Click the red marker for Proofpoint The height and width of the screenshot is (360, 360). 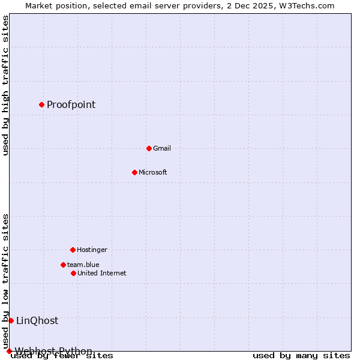(x=41, y=104)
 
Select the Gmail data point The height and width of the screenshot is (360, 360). (x=149, y=148)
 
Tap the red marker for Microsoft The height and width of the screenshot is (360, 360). (x=134, y=172)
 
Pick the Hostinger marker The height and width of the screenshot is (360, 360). (x=73, y=250)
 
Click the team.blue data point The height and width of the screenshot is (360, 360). (x=63, y=265)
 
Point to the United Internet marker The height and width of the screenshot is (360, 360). (x=73, y=273)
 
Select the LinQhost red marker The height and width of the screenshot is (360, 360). (x=11, y=320)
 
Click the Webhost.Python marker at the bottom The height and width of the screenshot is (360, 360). (x=9, y=351)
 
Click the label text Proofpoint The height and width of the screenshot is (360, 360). (x=71, y=104)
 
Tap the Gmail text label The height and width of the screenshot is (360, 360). (x=162, y=148)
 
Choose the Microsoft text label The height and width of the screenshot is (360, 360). (x=152, y=172)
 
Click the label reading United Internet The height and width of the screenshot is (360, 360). (x=101, y=273)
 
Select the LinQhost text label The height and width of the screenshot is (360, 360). (x=37, y=320)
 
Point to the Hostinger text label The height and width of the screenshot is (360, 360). (x=92, y=250)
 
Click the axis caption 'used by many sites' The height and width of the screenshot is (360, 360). (x=301, y=356)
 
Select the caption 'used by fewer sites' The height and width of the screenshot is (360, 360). (x=62, y=356)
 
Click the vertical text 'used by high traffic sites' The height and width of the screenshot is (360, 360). (x=5, y=85)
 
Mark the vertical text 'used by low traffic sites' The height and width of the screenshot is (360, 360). (x=5, y=281)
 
